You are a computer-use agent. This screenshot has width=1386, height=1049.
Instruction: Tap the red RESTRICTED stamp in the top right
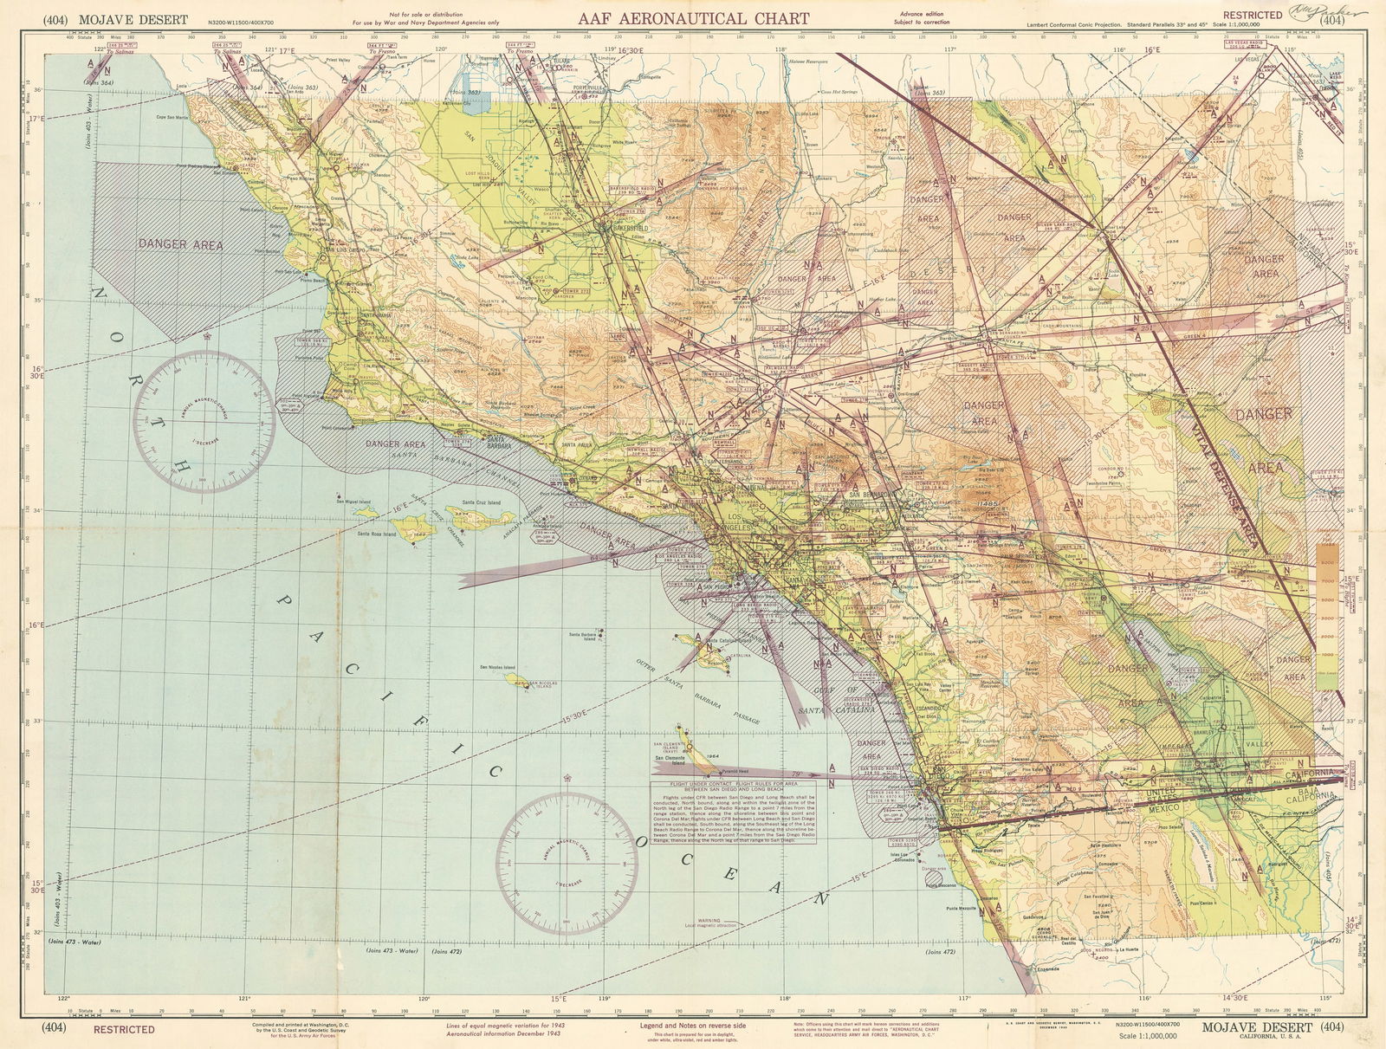click(1253, 15)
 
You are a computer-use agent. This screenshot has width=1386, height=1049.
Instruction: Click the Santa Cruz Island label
click(482, 502)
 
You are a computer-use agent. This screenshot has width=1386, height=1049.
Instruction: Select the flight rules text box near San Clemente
click(738, 811)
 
